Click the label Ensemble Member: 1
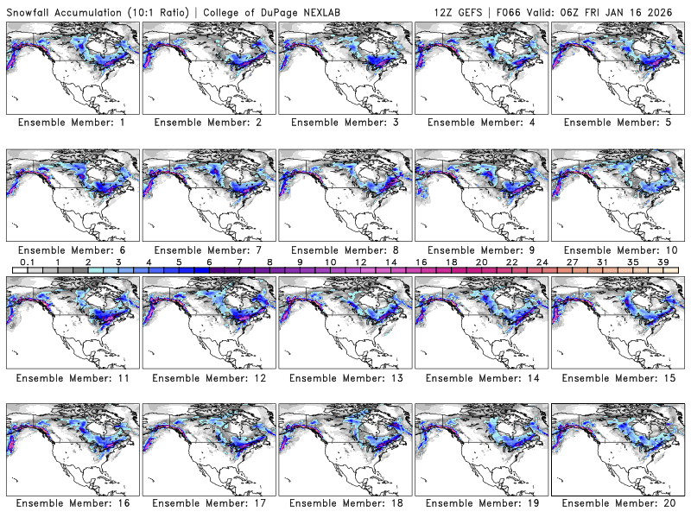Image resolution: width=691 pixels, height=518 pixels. tap(71, 123)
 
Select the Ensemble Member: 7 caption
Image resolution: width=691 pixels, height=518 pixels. tap(207, 250)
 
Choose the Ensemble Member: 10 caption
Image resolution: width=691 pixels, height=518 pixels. tap(616, 250)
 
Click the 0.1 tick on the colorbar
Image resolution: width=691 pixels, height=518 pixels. tap(28, 262)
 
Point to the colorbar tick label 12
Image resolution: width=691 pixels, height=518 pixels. tap(360, 262)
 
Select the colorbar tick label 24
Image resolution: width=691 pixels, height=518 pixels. tap(542, 262)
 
